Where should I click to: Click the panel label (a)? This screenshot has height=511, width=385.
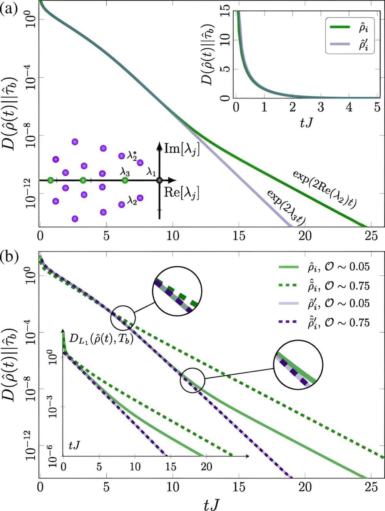[8, 8]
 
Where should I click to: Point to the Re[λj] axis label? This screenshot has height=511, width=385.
[182, 192]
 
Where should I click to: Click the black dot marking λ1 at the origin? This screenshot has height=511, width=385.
[159, 180]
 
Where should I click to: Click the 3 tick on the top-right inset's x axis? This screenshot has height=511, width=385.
[320, 107]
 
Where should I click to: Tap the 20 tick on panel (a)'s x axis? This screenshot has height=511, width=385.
[305, 236]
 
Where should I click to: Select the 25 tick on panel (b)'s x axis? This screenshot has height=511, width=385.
[371, 487]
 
